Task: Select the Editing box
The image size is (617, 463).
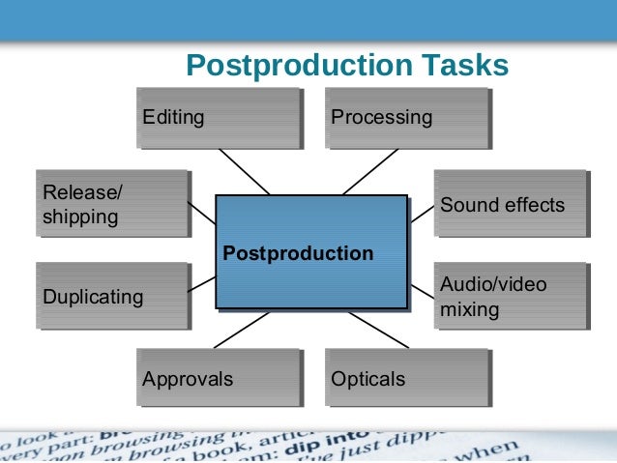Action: click(x=218, y=118)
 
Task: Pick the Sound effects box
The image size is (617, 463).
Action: click(x=510, y=204)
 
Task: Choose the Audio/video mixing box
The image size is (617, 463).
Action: click(x=510, y=297)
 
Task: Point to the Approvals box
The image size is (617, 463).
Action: click(x=218, y=378)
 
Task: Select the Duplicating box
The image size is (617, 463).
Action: click(x=111, y=297)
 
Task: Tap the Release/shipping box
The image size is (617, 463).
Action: click(x=111, y=204)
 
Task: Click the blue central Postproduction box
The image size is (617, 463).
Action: click(x=310, y=253)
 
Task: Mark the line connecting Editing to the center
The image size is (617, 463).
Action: click(x=244, y=171)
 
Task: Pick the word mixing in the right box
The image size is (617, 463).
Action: click(x=469, y=310)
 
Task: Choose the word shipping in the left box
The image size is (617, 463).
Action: click(x=80, y=217)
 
